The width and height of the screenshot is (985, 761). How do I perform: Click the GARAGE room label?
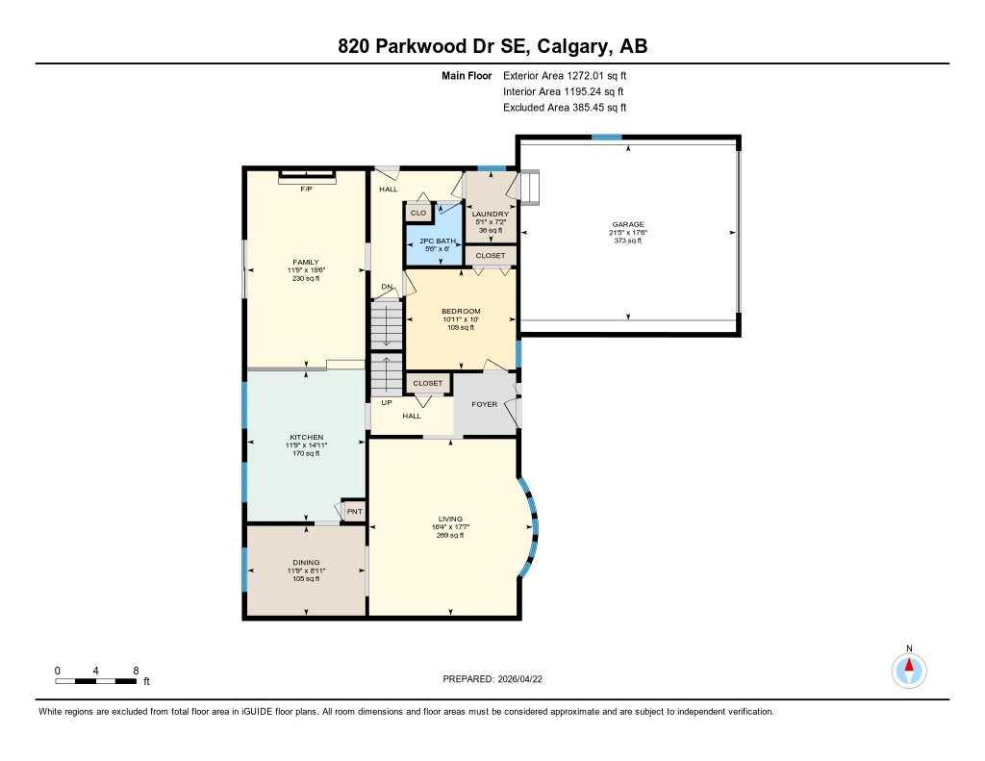pos(629,224)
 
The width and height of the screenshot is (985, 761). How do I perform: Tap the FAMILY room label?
pos(306,262)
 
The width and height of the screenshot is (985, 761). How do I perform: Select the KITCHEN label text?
pos(306,437)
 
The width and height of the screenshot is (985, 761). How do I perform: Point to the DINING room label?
pos(306,563)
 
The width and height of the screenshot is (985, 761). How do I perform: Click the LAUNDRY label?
pos(491,214)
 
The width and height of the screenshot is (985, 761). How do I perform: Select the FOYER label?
pos(485,404)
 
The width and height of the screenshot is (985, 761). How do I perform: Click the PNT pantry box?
pos(354,511)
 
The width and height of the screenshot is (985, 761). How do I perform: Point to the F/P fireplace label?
pos(306,189)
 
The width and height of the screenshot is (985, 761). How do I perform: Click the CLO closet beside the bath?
pos(418,213)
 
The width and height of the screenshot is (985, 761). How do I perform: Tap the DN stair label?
pos(387,287)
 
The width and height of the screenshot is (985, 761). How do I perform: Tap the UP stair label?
pos(386,402)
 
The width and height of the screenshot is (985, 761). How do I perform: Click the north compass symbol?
pos(908,668)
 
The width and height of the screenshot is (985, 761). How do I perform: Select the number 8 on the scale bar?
pos(136,671)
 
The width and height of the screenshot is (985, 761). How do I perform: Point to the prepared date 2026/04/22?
pos(525,679)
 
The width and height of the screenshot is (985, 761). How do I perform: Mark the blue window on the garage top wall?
pos(606,138)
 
